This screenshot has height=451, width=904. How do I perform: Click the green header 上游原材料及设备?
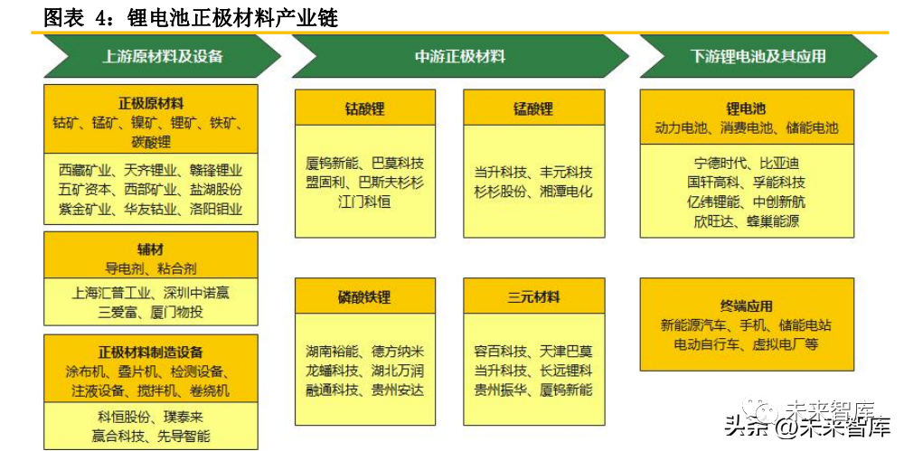[162, 56]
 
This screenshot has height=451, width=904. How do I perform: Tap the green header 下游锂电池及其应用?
[758, 56]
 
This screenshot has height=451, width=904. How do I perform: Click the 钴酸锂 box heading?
[364, 108]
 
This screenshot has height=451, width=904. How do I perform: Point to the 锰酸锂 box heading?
[532, 108]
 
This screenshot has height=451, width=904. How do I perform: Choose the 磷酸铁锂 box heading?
[364, 297]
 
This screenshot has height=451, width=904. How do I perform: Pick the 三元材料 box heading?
[532, 297]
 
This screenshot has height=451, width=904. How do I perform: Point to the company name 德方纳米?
[397, 351]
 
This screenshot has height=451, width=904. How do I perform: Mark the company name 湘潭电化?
[566, 191]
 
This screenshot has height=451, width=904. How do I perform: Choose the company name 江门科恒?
[364, 202]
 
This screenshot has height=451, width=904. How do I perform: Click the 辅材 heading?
[150, 249]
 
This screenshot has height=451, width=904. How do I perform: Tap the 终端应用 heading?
[746, 306]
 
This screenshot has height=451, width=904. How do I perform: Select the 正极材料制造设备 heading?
[150, 352]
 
